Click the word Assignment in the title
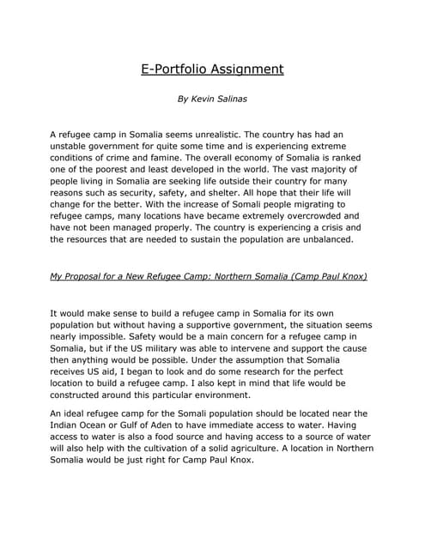click(241, 69)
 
